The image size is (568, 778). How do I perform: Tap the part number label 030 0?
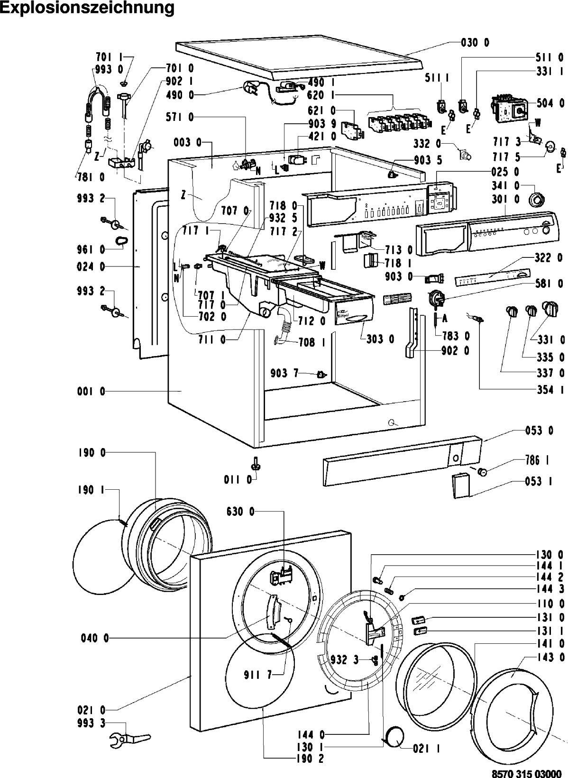[x=475, y=43]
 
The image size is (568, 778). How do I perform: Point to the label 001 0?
[x=91, y=392]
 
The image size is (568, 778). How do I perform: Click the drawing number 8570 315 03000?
[x=526, y=773]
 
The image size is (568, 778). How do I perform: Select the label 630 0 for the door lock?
[x=240, y=512]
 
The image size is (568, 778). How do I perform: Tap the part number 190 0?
[x=92, y=453]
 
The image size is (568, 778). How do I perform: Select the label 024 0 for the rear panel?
[x=91, y=267]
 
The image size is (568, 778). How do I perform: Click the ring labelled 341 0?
[x=536, y=201]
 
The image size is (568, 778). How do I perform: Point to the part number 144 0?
[x=311, y=735]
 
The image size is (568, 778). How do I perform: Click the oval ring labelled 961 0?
[x=121, y=239]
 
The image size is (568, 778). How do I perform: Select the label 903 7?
[x=284, y=374]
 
